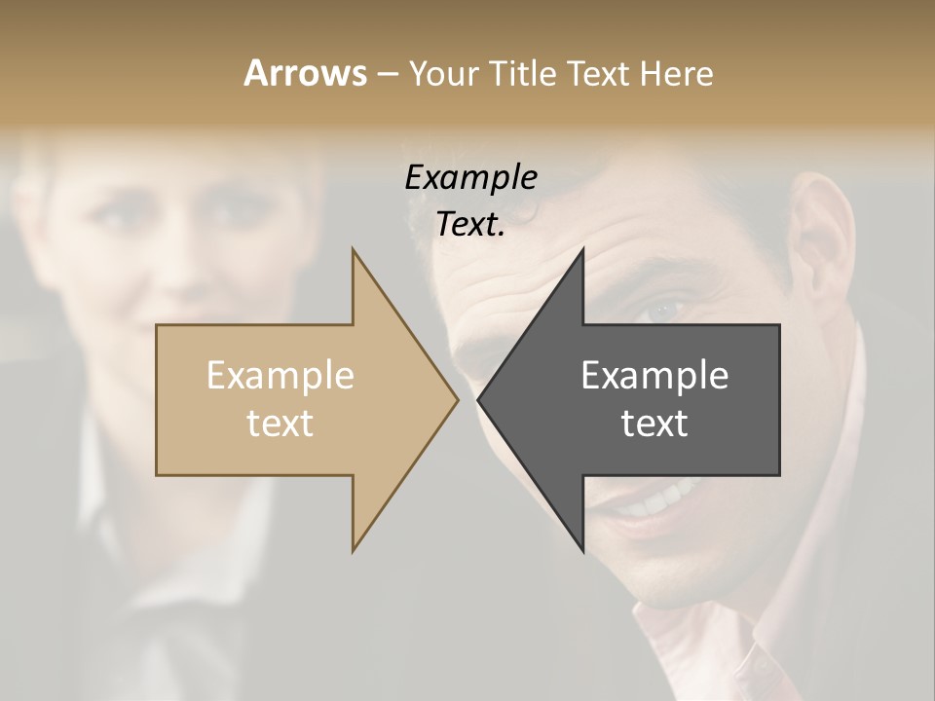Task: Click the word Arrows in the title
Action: point(305,74)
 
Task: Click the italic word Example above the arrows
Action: point(470,178)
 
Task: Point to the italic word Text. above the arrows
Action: point(470,224)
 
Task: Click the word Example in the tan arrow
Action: point(280,375)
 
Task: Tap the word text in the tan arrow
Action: point(280,424)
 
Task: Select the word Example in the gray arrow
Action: point(654,375)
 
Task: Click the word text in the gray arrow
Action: point(654,424)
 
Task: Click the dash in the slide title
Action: point(387,74)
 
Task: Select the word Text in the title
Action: point(599,74)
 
